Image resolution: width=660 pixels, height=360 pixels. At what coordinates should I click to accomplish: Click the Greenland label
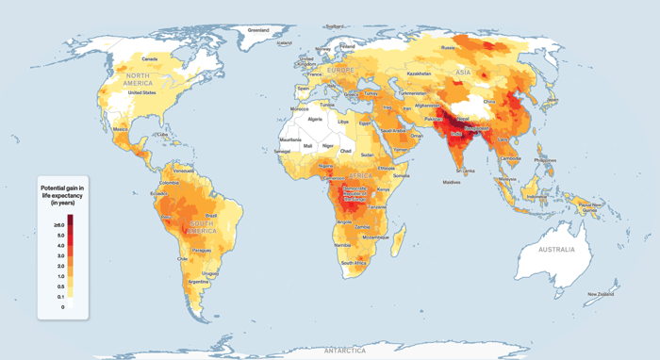click(x=258, y=30)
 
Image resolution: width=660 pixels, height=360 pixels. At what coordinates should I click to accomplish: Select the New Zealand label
click(x=602, y=295)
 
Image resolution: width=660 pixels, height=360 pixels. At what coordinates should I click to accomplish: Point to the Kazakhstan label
click(x=418, y=73)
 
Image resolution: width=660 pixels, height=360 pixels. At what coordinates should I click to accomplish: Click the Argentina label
click(x=199, y=281)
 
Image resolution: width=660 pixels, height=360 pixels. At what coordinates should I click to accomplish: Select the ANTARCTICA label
click(x=344, y=350)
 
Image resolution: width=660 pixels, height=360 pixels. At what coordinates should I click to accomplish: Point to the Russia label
click(x=449, y=47)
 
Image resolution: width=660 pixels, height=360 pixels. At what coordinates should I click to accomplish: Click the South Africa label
click(x=353, y=263)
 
